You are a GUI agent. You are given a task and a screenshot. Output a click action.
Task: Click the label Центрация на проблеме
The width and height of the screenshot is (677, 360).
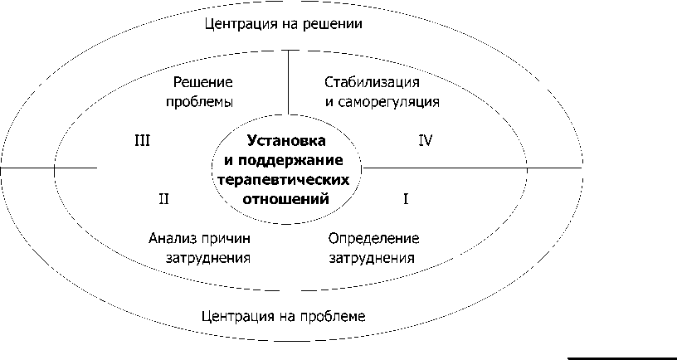click(283, 316)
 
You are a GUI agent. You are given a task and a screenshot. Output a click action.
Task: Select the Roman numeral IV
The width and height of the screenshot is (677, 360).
click(426, 140)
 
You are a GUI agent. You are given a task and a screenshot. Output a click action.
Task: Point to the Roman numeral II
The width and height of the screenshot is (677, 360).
click(163, 199)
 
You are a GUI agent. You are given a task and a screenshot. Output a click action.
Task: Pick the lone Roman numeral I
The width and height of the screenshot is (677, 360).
click(406, 199)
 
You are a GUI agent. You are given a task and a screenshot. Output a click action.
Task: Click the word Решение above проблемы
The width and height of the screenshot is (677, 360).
click(202, 83)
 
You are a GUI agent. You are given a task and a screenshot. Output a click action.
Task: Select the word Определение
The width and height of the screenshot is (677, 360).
click(373, 238)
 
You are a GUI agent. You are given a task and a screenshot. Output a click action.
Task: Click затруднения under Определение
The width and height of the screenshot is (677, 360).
click(371, 257)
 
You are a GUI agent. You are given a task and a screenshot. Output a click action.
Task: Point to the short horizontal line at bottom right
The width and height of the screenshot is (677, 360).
click(621, 358)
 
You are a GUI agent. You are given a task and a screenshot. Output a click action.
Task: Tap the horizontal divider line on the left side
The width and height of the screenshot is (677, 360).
click(50, 168)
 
